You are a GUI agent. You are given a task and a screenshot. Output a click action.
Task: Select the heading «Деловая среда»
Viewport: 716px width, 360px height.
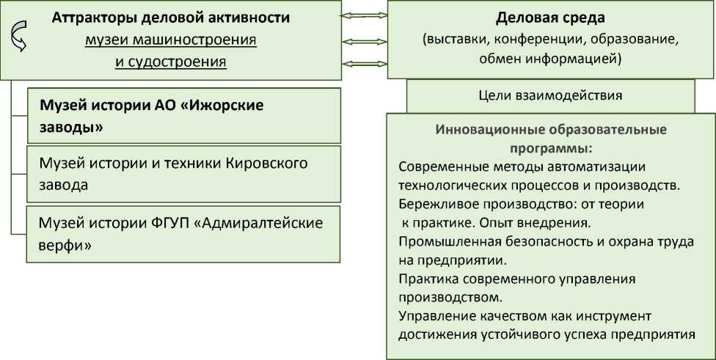tap(540, 17)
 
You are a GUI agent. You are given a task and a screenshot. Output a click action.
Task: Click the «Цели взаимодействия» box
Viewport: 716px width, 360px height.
tap(549, 95)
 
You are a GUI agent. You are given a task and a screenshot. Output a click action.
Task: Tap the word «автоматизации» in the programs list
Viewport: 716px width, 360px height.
tap(602, 165)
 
